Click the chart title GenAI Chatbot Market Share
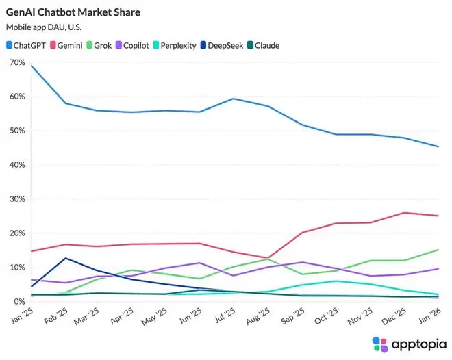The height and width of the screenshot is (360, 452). [73, 12]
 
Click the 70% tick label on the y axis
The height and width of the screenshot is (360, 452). [17, 62]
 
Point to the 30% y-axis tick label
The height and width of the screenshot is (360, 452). [17, 199]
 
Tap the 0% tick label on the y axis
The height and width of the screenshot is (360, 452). [19, 302]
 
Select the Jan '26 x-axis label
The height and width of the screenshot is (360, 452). [429, 317]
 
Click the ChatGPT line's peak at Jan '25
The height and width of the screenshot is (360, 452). [32, 66]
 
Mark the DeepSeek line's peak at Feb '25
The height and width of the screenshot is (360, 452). [65, 258]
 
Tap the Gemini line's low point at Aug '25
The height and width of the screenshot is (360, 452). [268, 258]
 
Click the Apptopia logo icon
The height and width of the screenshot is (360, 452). [380, 344]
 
